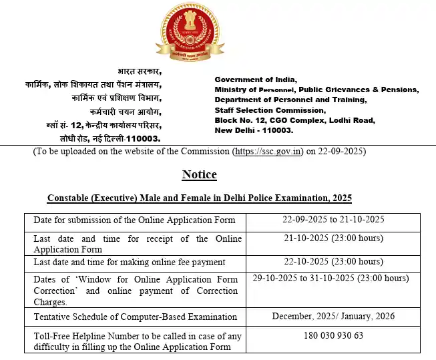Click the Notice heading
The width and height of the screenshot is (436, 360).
199,174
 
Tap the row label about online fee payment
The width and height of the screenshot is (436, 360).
130,262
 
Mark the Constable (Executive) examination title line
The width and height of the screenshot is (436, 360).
199,198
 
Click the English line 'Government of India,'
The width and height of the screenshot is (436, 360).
254,79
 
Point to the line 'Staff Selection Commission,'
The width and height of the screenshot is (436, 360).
270,110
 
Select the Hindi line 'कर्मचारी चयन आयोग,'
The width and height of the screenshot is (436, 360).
125,112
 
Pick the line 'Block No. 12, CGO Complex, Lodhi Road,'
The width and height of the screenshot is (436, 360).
294,120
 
